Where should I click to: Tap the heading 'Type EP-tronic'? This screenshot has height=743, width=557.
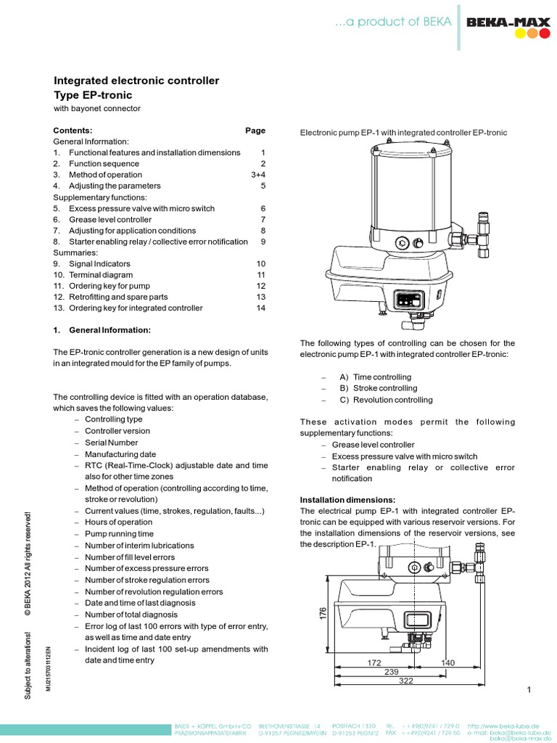pyautogui.click(x=94, y=95)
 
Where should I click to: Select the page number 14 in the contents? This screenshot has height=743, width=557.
pyautogui.click(x=261, y=308)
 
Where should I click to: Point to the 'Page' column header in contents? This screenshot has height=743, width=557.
pyautogui.click(x=255, y=131)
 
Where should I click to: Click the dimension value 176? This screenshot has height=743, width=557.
pyautogui.click(x=323, y=613)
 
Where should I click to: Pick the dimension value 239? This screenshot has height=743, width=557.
pyautogui.click(x=391, y=672)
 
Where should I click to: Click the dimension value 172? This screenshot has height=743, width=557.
pyautogui.click(x=374, y=663)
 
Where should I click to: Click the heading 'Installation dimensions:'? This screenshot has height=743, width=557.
pyautogui.click(x=348, y=500)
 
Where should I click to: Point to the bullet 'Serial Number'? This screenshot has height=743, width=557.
pyautogui.click(x=111, y=442)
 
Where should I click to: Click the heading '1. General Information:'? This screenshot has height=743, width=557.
pyautogui.click(x=102, y=330)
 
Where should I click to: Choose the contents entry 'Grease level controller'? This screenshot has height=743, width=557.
pyautogui.click(x=110, y=219)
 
